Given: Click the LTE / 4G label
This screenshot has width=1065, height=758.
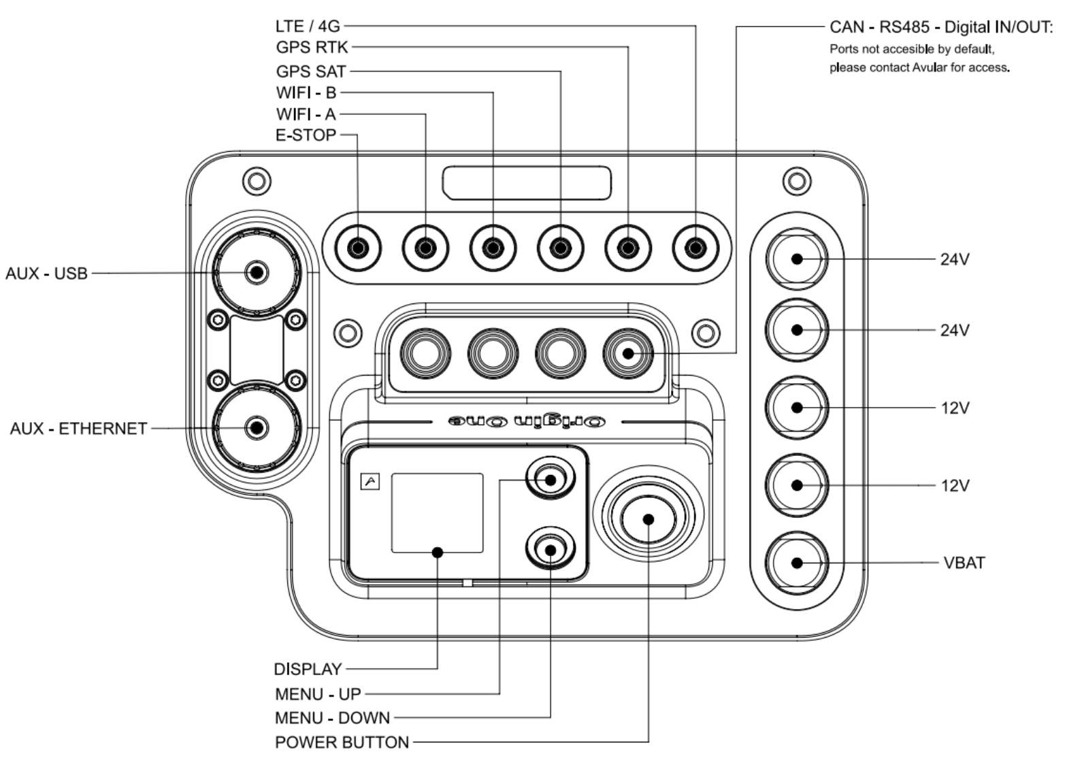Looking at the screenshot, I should coord(307,27).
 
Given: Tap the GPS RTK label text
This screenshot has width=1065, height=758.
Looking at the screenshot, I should coord(312,48).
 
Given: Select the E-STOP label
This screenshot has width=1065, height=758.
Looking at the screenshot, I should coord(306,135).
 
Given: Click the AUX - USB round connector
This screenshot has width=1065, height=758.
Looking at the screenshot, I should coord(257,272).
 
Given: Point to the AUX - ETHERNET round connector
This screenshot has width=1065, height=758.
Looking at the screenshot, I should coord(257,427).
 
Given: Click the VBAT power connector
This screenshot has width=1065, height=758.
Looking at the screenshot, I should coord(797,563).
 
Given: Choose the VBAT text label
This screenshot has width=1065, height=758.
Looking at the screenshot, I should coord(964,563).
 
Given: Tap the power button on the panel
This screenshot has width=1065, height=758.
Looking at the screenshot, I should coord(648,519).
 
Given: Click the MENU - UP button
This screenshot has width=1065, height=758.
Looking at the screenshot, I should coord(551,480).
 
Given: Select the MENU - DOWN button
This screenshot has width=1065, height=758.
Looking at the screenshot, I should coord(551,549).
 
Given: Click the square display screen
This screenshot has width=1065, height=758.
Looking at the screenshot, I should coord(438,513).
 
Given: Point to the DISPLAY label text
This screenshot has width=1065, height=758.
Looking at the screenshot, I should coord(308,670).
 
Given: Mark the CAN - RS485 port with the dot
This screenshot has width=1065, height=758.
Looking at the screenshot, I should coord(627,354).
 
